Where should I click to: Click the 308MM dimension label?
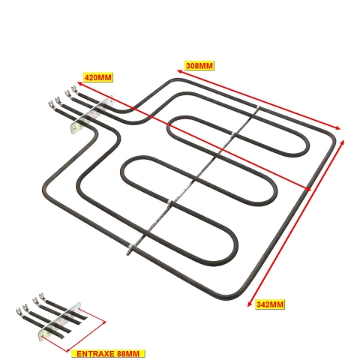pos(199,65)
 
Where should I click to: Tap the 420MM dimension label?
pos(97,77)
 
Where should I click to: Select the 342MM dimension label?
pos(270,304)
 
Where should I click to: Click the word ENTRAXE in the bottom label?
pos(94,354)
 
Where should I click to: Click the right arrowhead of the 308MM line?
pos(338,128)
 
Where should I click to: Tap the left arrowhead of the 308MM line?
pos(179,71)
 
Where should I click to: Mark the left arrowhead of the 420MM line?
pos(80,83)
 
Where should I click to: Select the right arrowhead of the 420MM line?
pos(308,189)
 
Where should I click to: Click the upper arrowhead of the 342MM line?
pos(343,143)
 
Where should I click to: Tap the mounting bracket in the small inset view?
pos(60,320)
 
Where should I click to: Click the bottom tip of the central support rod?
pos(128,253)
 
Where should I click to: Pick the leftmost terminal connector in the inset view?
pos(19,311)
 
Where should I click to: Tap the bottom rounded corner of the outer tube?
pos(225,297)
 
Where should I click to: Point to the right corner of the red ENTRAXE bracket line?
pos(105,322)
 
